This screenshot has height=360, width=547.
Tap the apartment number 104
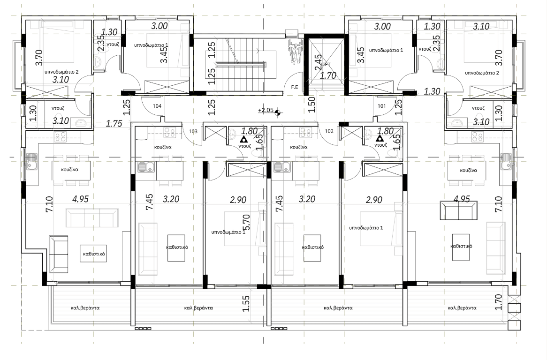point(157,106)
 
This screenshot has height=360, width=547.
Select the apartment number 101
point(382,106)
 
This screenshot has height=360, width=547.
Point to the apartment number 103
point(193,131)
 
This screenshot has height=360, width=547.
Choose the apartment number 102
point(329,131)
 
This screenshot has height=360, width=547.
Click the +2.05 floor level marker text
point(266,110)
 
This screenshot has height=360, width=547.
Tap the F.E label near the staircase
point(295,87)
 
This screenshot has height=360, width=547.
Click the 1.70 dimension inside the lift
point(328,75)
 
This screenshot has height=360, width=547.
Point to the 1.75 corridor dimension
point(114,123)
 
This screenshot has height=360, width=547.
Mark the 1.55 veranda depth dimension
point(246,304)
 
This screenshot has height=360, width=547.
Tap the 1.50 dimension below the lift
point(312,104)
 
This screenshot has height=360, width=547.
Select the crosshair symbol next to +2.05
point(278,112)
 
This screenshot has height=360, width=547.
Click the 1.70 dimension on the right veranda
point(499,302)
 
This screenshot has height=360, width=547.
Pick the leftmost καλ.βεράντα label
point(85,307)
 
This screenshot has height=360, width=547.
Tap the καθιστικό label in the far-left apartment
point(94,254)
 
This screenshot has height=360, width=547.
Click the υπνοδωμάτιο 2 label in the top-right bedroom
point(482,73)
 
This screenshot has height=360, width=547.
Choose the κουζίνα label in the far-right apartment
point(469,171)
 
